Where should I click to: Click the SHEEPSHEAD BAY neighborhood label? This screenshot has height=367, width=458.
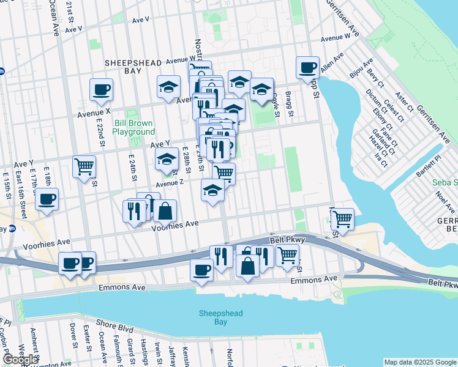(132, 67)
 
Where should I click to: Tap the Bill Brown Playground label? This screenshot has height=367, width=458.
(134, 127)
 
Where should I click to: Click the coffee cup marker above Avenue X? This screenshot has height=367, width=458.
(101, 91)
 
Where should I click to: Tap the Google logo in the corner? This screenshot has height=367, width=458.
(20, 360)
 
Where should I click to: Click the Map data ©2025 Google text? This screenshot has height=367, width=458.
(420, 362)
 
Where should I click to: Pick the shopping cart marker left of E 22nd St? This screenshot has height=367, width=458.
(84, 166)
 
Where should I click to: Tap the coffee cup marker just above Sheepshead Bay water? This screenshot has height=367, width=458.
(201, 270)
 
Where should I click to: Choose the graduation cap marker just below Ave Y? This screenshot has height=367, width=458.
(166, 160)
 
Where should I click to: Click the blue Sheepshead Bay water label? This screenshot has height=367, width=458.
(212, 317)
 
